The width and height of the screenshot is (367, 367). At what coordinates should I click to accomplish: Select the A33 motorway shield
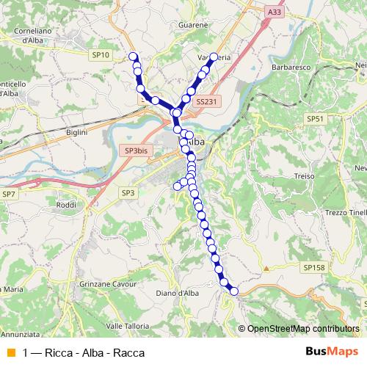tap(274, 12)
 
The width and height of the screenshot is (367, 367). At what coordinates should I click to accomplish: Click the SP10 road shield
tap(101, 55)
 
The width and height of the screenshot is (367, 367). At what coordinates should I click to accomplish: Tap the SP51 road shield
tap(315, 118)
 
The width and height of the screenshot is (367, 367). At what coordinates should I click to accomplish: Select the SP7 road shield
tap(10, 194)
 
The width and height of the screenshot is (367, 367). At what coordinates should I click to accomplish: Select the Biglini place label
tap(76, 132)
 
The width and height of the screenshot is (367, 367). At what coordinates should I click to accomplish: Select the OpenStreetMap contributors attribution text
tap(302, 328)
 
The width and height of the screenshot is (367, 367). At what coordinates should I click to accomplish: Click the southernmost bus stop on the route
tap(234, 291)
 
